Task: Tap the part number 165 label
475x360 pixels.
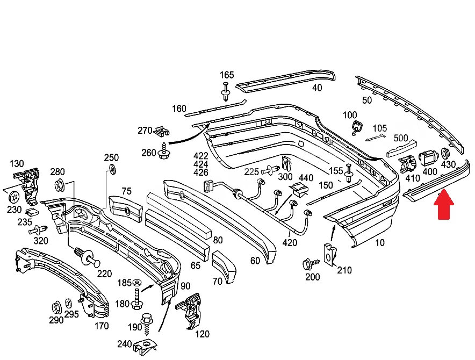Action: click(227, 75)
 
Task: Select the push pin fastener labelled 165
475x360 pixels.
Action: click(226, 91)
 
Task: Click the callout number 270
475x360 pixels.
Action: click(145, 131)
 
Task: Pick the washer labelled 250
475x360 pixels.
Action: click(112, 169)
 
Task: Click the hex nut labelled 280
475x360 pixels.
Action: click(59, 185)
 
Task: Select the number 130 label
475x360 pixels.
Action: click(16, 164)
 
